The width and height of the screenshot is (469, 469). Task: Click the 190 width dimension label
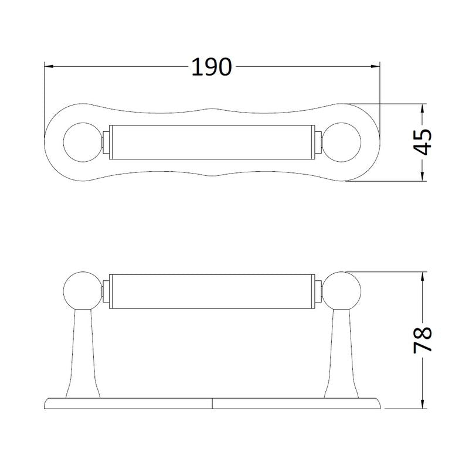tap(212, 67)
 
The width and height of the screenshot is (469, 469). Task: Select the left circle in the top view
tap(81, 142)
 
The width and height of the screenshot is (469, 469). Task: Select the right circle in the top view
tap(344, 142)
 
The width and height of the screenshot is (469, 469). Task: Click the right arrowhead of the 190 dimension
tap(376, 67)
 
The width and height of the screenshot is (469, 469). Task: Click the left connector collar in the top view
tap(106, 142)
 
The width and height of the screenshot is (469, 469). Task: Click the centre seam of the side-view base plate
tap(212, 403)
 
